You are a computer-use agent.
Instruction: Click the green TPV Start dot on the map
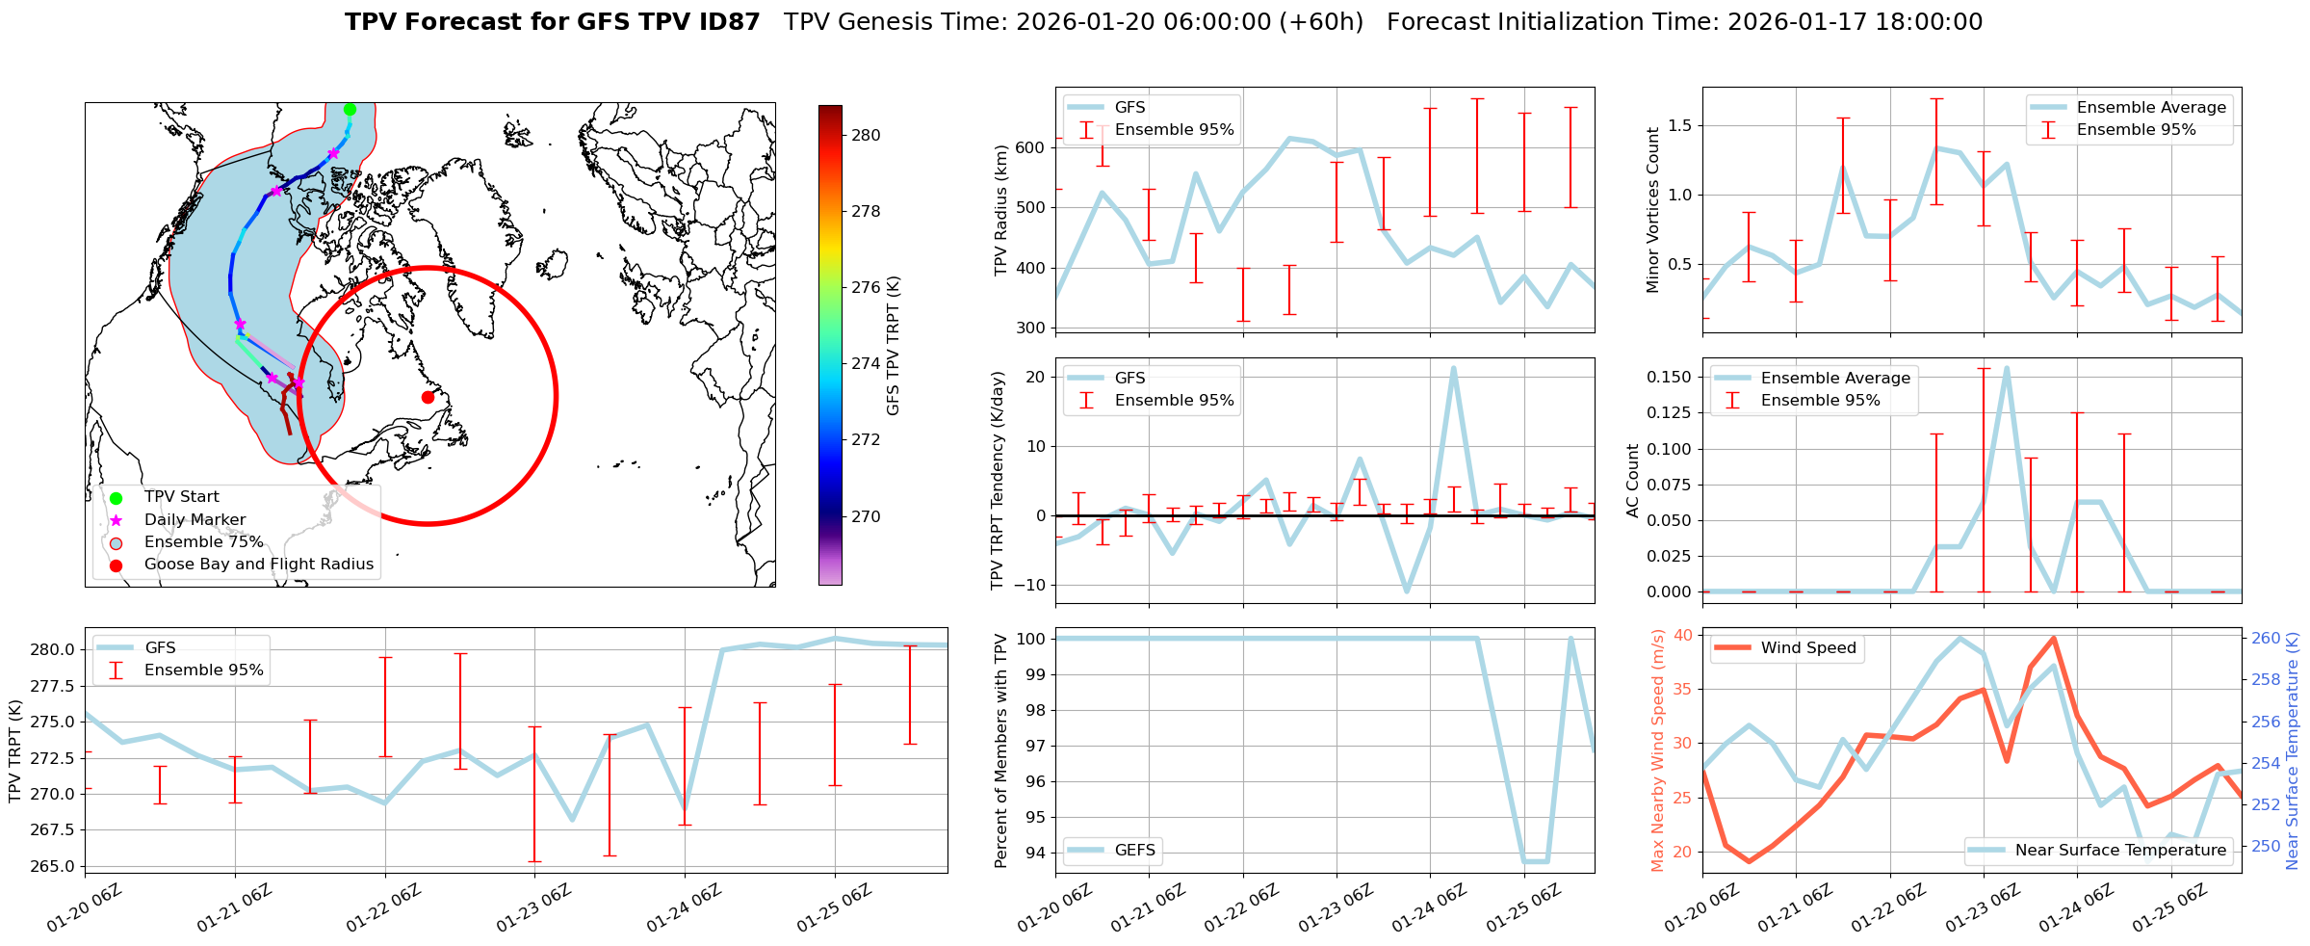350,109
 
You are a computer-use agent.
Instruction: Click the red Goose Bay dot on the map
428,397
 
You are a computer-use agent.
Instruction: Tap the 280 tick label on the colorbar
866,136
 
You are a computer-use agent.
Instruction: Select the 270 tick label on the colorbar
866,517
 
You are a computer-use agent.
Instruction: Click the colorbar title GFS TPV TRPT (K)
894,346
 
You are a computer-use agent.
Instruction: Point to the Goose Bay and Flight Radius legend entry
258,565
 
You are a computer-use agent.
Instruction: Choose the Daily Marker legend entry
195,520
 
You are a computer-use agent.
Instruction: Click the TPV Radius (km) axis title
1001,210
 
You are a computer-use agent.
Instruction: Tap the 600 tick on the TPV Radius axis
1029,147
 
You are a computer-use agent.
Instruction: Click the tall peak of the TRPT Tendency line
1453,368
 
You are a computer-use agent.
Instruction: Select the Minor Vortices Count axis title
1653,210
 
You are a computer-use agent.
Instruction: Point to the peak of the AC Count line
2007,367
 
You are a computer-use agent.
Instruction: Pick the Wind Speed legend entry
1807,648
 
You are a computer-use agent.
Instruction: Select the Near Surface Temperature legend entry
2119,850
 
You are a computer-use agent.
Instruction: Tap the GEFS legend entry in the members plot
1134,850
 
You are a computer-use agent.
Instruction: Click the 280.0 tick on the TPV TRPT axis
53,649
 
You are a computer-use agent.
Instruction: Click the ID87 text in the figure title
728,22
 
